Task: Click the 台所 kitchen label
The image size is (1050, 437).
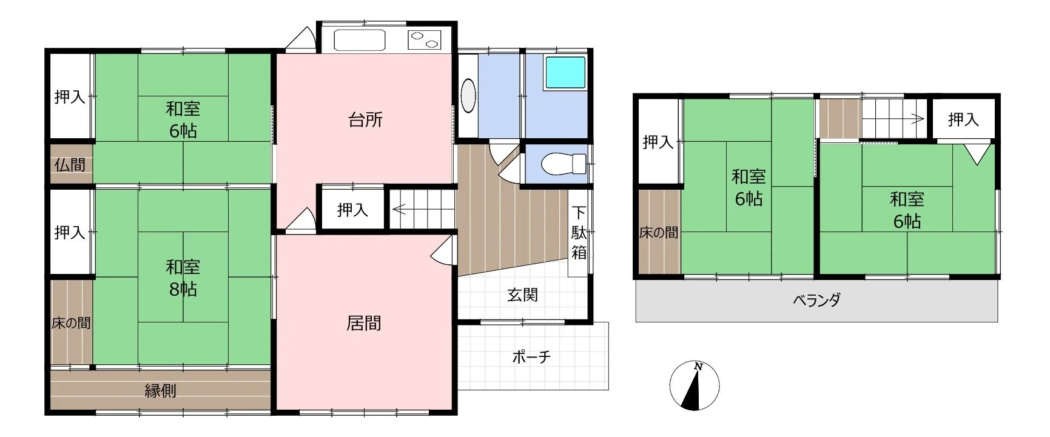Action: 366,119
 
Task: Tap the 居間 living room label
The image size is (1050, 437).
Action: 364,323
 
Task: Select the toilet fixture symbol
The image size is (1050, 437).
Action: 563,164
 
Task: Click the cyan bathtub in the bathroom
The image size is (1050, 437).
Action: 565,73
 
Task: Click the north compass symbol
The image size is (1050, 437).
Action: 695,385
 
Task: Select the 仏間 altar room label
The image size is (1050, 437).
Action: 70,164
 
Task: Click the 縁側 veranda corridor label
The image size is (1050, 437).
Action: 161,390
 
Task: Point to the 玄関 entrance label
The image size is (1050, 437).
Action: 522,295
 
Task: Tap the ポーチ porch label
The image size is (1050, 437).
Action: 531,356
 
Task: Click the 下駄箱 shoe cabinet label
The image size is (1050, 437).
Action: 579,233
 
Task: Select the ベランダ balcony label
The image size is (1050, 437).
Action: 816,300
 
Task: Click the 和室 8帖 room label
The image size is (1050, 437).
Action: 183,278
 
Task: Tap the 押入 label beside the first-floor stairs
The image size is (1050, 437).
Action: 352,210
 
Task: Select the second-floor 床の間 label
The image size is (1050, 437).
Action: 659,232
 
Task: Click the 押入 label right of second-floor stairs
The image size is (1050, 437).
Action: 963,119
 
